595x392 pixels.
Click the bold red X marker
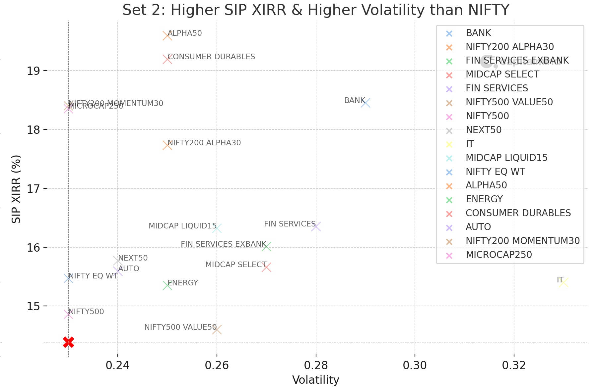pyautogui.click(x=68, y=342)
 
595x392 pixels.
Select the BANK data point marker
pyautogui.click(x=365, y=103)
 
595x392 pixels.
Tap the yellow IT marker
pyautogui.click(x=563, y=282)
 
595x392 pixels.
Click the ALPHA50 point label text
pyautogui.click(x=185, y=33)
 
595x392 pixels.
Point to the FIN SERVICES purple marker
pyautogui.click(x=316, y=227)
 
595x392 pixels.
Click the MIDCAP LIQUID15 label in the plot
pyautogui.click(x=182, y=226)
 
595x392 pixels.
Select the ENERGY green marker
pyautogui.click(x=167, y=285)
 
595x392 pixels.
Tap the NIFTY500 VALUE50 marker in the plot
pyautogui.click(x=217, y=329)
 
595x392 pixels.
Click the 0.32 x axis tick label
pyautogui.click(x=514, y=365)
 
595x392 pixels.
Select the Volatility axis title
pyautogui.click(x=315, y=380)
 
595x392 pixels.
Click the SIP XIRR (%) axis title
pyautogui.click(x=16, y=189)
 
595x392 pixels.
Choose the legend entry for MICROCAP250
pyautogui.click(x=498, y=255)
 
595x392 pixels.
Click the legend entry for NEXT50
pyautogui.click(x=483, y=130)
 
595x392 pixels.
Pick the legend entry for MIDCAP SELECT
pyautogui.click(x=502, y=74)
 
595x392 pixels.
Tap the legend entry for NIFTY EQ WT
pyautogui.click(x=495, y=171)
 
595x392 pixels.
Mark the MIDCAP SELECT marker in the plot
pyautogui.click(x=266, y=267)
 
